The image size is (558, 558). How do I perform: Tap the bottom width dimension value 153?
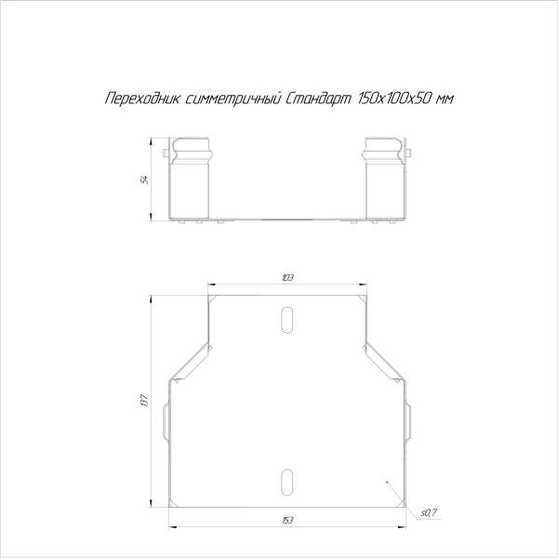(x=287, y=518)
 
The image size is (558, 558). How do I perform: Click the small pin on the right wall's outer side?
(x=411, y=153)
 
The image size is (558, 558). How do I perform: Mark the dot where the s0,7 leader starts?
(x=386, y=484)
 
